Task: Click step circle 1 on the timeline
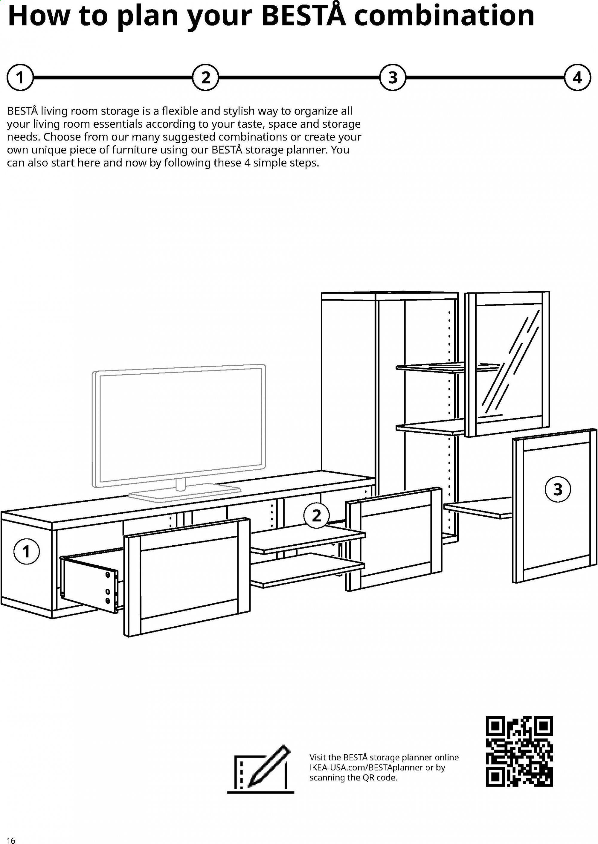point(20,78)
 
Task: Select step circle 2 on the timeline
point(206,78)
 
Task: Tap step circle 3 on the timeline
point(393,78)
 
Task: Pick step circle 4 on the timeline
point(577,78)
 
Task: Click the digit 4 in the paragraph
point(248,163)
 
